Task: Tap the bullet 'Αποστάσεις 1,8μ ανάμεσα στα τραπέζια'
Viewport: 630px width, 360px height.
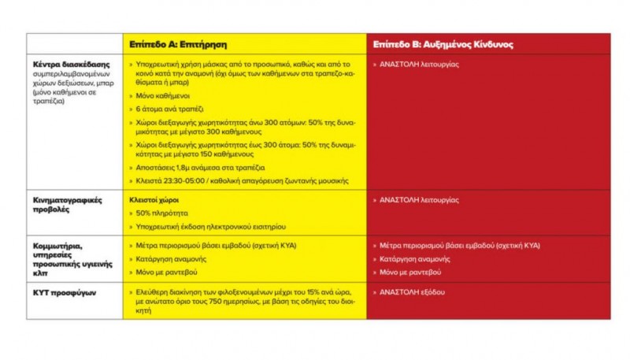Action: click(200, 167)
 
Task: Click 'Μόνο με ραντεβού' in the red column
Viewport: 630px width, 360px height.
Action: click(412, 272)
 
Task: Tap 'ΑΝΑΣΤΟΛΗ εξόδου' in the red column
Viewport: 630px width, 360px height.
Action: click(412, 291)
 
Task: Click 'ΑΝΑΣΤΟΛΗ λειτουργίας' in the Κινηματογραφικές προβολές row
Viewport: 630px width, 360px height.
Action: click(419, 199)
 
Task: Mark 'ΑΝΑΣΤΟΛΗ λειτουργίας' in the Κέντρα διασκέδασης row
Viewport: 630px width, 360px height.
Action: click(419, 64)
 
